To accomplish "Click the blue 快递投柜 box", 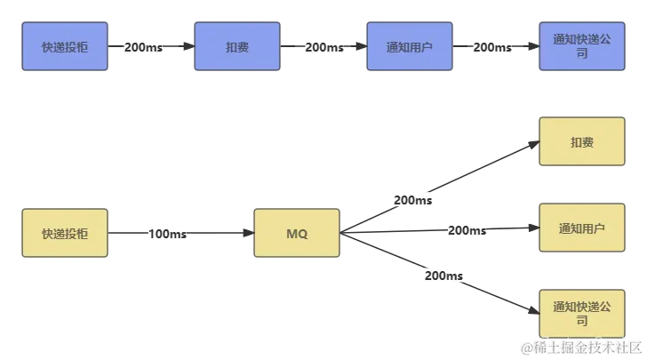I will (65, 46).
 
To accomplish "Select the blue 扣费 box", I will (237, 46).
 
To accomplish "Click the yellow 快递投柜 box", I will (65, 234).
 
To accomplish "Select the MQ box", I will (296, 234).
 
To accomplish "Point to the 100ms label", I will (167, 234).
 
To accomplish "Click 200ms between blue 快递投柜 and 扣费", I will (143, 47).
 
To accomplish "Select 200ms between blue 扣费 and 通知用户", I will (324, 47).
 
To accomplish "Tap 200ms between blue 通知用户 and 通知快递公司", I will (491, 47).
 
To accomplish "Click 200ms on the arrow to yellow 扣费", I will (411, 201).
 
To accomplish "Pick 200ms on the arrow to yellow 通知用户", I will (467, 230).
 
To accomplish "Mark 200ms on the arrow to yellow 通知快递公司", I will (443, 276).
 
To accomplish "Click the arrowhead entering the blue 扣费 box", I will (188, 47).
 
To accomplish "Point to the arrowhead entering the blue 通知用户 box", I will (360, 47).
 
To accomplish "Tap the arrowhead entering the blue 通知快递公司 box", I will (532, 47).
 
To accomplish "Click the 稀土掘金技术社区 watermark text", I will (582, 347).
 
